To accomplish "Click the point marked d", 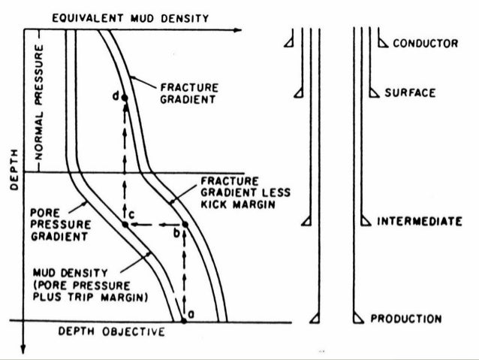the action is [x=125, y=98].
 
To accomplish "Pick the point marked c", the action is [x=125, y=225].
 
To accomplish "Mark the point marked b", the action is [x=185, y=225].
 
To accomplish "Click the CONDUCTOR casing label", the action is [x=425, y=44].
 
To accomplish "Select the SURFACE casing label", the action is [x=410, y=92].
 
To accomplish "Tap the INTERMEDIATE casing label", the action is [x=418, y=222].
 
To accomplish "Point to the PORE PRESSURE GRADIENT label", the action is [x=55, y=225].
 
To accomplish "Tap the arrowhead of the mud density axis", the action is [x=238, y=30].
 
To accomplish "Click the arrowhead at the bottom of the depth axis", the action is [x=24, y=348].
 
